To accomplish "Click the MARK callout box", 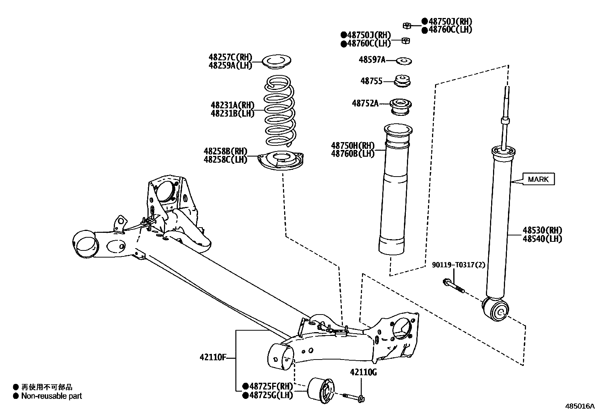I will pyautogui.click(x=538, y=179).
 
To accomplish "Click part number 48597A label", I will pyautogui.click(x=372, y=60).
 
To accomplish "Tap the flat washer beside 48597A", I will pyautogui.click(x=404, y=60).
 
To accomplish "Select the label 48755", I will pyautogui.click(x=371, y=81).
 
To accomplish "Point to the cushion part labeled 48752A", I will pyautogui.click(x=401, y=106).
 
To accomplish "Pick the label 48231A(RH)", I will pyautogui.click(x=232, y=105).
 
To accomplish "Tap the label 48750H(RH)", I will pyautogui.click(x=353, y=145).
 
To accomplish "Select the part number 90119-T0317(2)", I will pyautogui.click(x=459, y=265).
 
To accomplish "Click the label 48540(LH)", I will pyautogui.click(x=542, y=239).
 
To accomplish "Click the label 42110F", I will pyautogui.click(x=213, y=357).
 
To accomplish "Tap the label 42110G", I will pyautogui.click(x=363, y=372).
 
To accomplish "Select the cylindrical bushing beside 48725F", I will pyautogui.click(x=321, y=390).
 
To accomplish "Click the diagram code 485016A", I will pyautogui.click(x=580, y=406).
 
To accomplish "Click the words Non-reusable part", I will pyautogui.click(x=51, y=396).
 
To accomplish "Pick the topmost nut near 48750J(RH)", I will pyautogui.click(x=407, y=25).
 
